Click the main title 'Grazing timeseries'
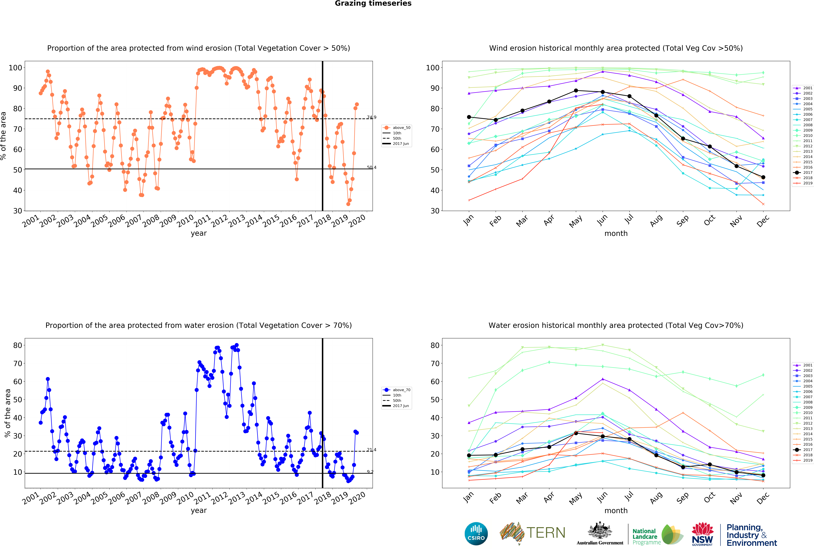[373, 3]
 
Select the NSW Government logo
[702, 534]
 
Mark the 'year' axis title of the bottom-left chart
[199, 511]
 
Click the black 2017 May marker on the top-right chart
[576, 90]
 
